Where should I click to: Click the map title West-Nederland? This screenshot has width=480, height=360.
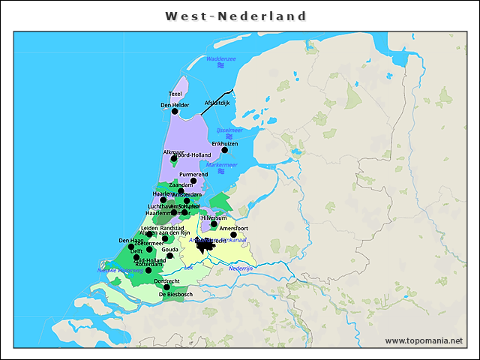coord(235,16)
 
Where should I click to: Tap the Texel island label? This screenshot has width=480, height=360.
coord(175,94)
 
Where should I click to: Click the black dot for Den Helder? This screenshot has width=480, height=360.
coord(175,111)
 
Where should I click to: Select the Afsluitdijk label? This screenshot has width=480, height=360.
coord(217,103)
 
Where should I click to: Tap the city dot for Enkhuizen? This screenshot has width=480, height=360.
coord(224,150)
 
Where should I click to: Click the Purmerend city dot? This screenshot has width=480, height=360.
coord(193,181)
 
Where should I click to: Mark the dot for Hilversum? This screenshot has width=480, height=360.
coord(214,224)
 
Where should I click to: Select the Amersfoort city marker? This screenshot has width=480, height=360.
coord(233,235)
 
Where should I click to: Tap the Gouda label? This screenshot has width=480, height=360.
coord(170,249)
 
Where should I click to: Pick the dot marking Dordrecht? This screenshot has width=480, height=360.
coord(166,287)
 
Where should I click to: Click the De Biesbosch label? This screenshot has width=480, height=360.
coord(175,295)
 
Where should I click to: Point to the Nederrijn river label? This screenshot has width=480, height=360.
coord(242,268)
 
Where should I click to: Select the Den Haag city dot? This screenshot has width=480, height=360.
coord(131,247)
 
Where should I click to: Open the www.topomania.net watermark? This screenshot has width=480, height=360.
coord(424,340)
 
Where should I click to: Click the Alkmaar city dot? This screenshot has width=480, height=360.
coord(174,158)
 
